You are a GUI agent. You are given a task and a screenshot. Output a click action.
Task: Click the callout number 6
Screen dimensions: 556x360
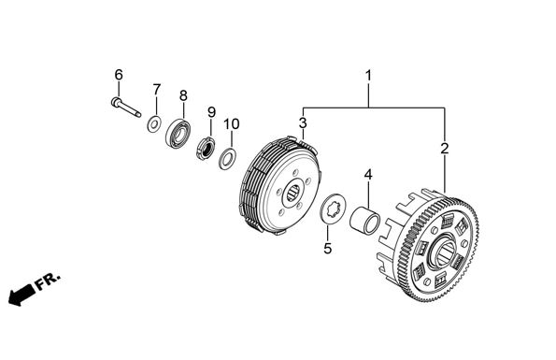(119, 75)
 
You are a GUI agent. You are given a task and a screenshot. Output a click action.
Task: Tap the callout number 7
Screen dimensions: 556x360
(157, 90)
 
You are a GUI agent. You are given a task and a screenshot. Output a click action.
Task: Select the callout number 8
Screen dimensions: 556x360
(183, 95)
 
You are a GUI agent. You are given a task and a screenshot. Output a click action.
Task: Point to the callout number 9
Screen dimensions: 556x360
(211, 112)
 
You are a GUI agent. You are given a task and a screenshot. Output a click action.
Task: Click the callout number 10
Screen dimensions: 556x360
(232, 124)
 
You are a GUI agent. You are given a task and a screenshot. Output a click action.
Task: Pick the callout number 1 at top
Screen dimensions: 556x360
(368, 76)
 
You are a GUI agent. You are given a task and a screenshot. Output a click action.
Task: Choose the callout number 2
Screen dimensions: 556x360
(445, 149)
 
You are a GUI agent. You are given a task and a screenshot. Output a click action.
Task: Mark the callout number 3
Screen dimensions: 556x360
(303, 123)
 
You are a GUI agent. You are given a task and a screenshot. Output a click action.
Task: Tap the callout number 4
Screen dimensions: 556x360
(368, 175)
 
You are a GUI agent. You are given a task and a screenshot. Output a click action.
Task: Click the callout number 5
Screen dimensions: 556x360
(328, 249)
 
